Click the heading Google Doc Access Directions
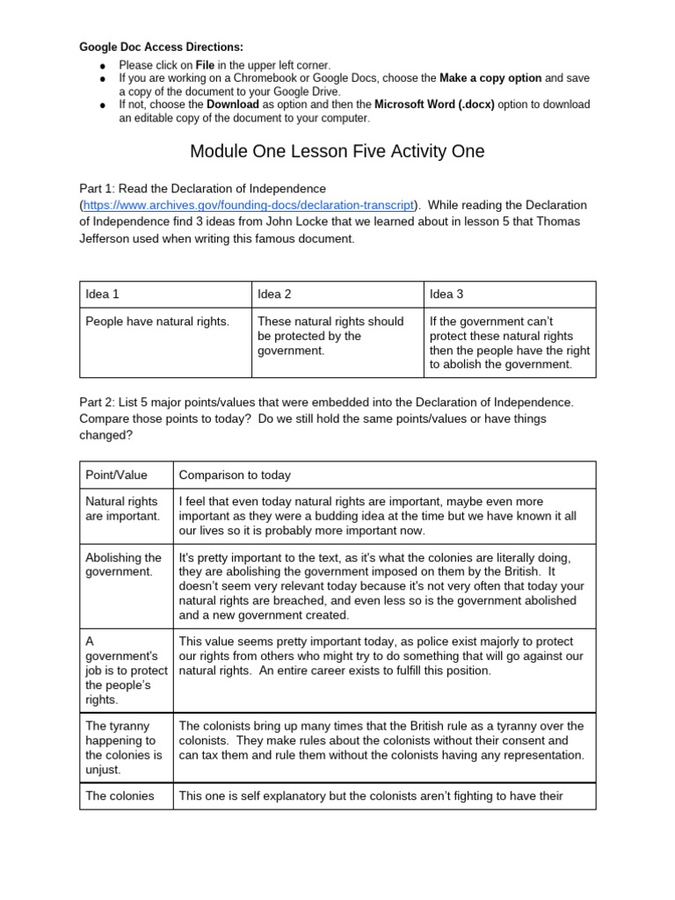[162, 47]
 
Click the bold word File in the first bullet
[206, 65]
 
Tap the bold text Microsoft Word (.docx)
[435, 105]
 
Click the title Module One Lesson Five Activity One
[337, 151]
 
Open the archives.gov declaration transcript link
[248, 205]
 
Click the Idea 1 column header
[102, 294]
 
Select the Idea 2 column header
[274, 294]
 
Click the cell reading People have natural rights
[157, 322]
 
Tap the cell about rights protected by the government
[330, 336]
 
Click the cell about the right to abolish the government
[510, 343]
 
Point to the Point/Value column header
[116, 475]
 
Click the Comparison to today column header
[235, 475]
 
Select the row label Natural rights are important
[123, 509]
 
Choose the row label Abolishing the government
[123, 565]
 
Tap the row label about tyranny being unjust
[124, 748]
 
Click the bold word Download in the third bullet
[232, 105]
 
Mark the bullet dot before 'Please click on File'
[102, 66]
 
